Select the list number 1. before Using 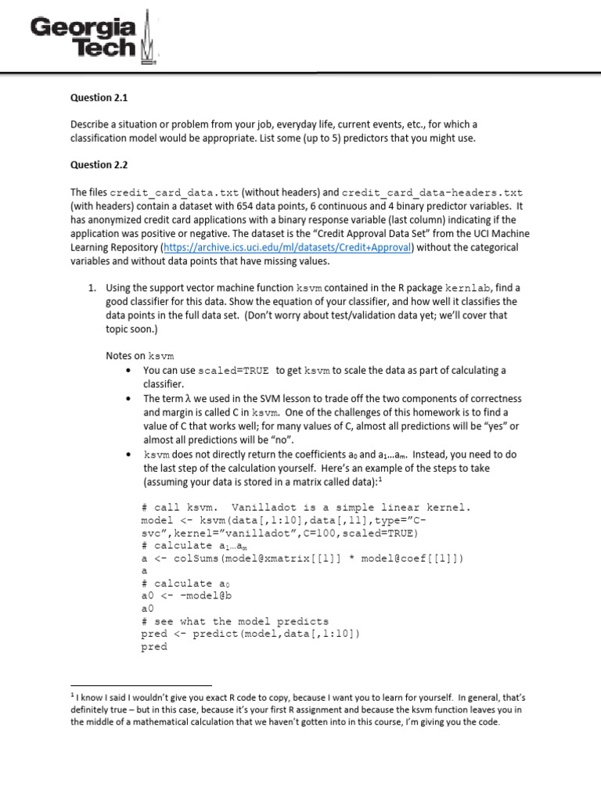click(x=92, y=289)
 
